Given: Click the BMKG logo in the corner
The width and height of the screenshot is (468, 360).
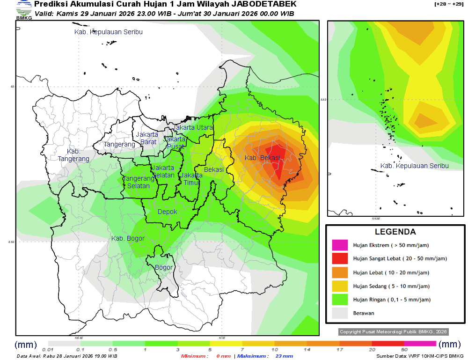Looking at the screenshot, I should [x=23, y=9].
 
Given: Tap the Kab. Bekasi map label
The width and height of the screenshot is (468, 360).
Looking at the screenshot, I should [x=262, y=158].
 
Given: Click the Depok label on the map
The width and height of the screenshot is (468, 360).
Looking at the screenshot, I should [x=167, y=212].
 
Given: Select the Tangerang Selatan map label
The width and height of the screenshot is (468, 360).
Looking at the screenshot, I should [x=139, y=182].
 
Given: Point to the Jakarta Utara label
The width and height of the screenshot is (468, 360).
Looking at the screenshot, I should [x=193, y=127].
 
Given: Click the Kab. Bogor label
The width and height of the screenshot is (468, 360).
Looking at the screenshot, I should [x=128, y=239].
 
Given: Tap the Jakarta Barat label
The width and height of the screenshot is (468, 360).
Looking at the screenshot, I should [x=147, y=138].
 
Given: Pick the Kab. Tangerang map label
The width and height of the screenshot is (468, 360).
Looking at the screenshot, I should [x=73, y=155].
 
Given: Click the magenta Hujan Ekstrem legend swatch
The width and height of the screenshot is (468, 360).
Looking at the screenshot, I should [x=340, y=245].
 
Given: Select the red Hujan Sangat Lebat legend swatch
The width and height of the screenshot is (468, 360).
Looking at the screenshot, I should [x=340, y=258].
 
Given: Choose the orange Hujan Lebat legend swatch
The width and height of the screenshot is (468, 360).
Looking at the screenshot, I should [x=340, y=272].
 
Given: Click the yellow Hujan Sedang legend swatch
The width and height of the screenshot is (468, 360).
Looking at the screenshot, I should [x=340, y=286].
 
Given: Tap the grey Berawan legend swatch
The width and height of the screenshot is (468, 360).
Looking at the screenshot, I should [x=340, y=313].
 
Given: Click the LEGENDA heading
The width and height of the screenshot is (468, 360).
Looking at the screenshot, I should [x=395, y=232].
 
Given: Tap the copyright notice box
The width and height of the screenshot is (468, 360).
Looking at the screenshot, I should [x=393, y=331].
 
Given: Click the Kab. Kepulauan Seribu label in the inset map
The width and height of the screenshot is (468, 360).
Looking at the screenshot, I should [x=414, y=166].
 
